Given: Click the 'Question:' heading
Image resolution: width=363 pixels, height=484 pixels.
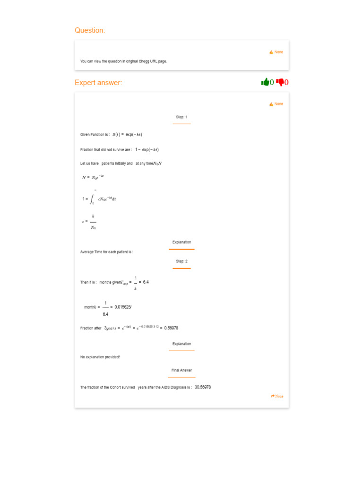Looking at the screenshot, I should click(90, 30).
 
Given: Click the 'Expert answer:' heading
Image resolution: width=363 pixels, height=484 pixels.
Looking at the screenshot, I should click(98, 83).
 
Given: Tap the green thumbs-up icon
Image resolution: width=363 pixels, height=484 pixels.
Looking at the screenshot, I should click(265, 82).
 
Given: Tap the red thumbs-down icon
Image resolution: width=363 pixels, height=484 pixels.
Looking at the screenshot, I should click(280, 82).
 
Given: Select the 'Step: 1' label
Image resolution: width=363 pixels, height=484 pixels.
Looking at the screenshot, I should click(181, 117).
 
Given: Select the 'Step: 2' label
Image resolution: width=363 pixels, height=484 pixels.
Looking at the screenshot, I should click(181, 261).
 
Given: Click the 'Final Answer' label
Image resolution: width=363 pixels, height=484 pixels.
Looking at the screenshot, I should click(181, 370).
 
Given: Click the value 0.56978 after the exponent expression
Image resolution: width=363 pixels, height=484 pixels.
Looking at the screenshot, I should click(171, 328).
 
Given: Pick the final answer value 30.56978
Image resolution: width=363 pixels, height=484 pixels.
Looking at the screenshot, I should click(203, 387).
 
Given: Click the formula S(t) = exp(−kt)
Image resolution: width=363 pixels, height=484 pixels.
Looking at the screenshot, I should click(127, 134).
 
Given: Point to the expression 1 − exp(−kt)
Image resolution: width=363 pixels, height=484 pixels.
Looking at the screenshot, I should click(147, 149).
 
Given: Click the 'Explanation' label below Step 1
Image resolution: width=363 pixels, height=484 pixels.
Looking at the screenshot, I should click(181, 242).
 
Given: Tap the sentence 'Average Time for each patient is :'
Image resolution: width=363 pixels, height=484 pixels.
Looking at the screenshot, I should click(107, 252).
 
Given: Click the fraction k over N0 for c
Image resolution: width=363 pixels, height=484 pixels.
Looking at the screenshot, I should click(93, 222).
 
